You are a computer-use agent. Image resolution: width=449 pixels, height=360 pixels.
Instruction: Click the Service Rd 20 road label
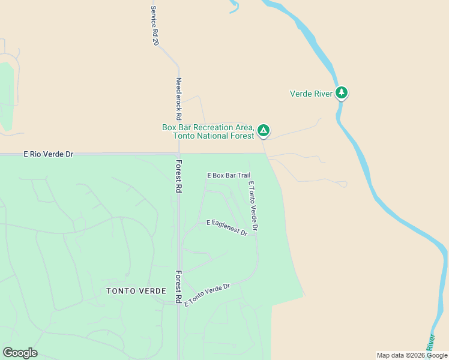[x=154, y=26]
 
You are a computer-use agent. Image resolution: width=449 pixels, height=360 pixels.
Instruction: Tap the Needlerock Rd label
[x=178, y=99]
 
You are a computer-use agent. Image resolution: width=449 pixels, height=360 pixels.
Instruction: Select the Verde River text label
[x=311, y=94]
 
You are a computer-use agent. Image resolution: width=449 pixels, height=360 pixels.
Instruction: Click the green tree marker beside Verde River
[x=342, y=93]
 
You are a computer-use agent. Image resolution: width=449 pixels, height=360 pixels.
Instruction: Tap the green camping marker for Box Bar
[x=263, y=130]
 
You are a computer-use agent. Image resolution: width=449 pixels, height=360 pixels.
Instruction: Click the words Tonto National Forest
[x=213, y=136]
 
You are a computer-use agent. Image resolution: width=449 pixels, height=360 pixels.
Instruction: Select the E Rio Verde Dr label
[x=48, y=154]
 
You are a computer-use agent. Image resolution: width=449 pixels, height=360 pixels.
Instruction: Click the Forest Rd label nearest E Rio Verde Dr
[x=178, y=176]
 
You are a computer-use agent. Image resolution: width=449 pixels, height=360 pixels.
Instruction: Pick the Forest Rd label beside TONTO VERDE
[x=178, y=286]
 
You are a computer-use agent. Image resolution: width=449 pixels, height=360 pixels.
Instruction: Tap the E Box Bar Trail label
[x=228, y=175]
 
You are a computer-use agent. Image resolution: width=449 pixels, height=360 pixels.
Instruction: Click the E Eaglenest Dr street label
[x=227, y=227]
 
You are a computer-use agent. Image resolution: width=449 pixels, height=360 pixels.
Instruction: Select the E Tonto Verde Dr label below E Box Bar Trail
[x=253, y=206]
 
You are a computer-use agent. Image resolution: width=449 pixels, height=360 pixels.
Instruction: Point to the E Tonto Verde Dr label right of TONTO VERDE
[x=207, y=295]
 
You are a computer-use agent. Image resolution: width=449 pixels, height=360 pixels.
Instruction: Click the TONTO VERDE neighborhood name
[x=136, y=291]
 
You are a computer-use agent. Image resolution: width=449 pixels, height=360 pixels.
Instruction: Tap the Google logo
[x=20, y=353]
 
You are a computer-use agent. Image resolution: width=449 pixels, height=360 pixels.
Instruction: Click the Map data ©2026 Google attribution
[x=412, y=355]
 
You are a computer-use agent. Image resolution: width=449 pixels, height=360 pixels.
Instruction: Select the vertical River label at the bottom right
[x=430, y=342]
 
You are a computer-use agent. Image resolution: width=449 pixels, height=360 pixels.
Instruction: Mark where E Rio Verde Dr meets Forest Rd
[x=178, y=154]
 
